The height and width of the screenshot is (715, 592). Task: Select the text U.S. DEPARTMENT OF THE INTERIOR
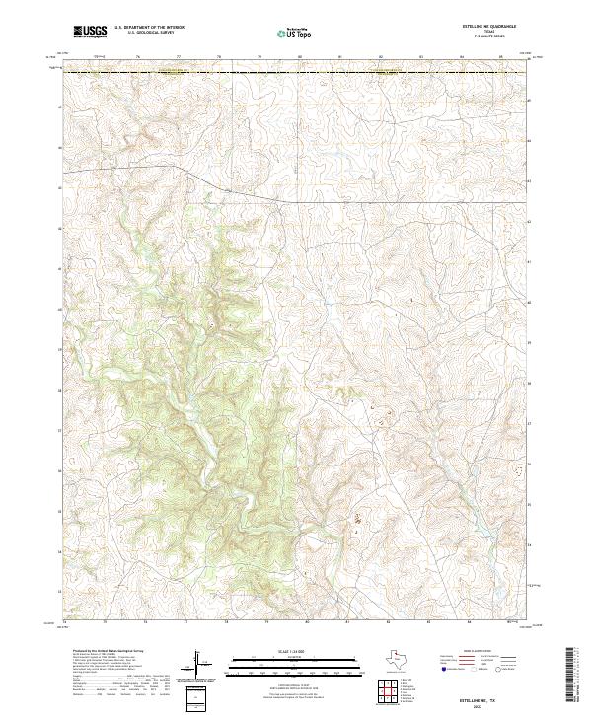(149, 29)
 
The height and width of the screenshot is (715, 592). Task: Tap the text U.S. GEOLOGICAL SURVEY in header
(147, 35)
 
